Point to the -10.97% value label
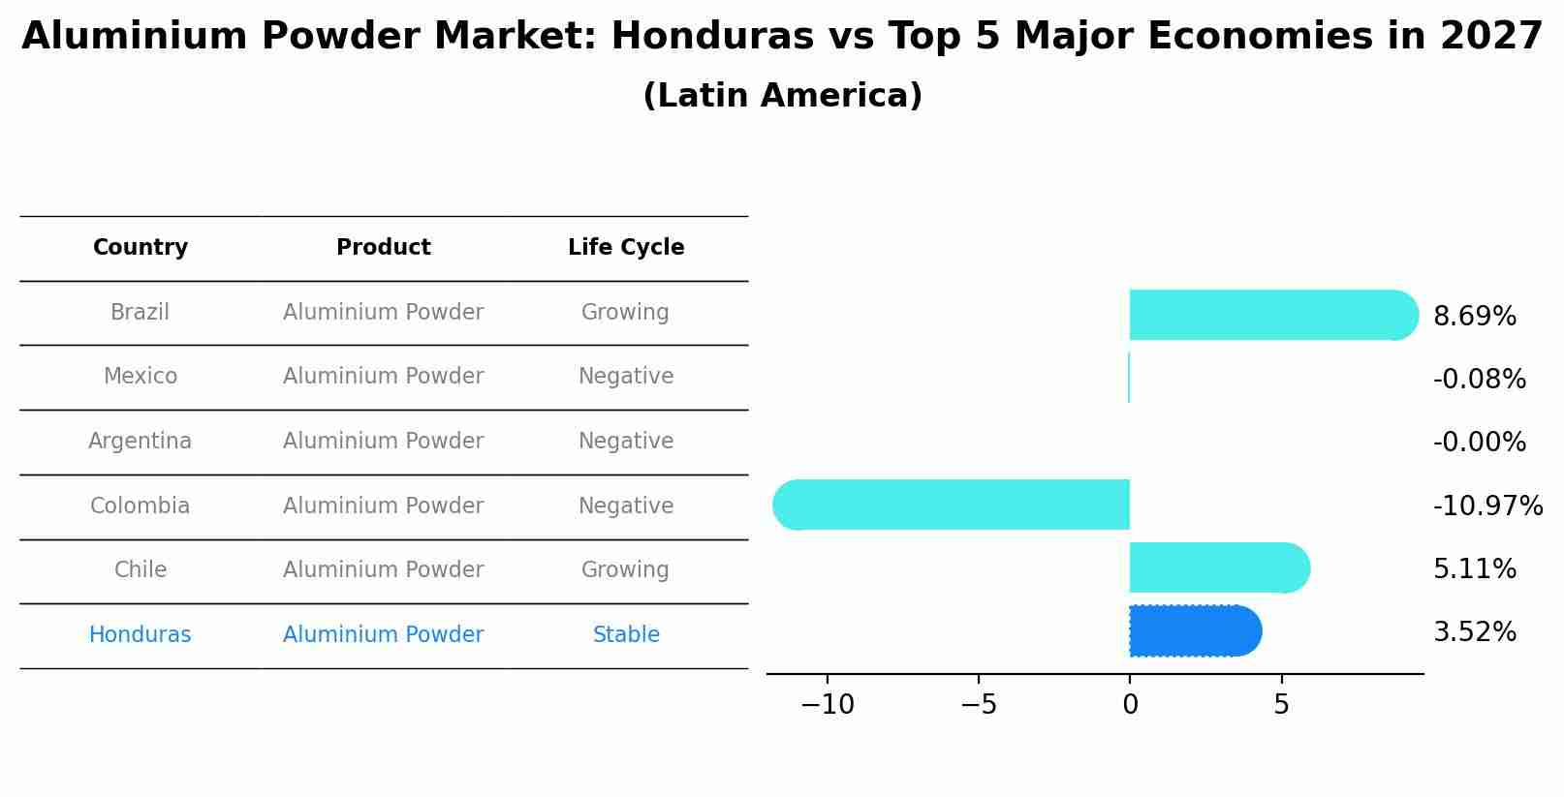tap(1487, 506)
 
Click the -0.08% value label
tap(1479, 379)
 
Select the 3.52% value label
tap(1474, 632)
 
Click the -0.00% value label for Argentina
tap(1479, 442)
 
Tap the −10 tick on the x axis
tap(828, 705)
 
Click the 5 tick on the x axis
tap(1281, 705)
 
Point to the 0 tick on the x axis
tap(1130, 705)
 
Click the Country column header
tap(141, 247)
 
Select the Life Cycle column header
tap(626, 247)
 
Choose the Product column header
tap(383, 247)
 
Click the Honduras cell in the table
tap(141, 634)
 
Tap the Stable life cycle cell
tap(626, 634)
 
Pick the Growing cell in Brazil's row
tap(625, 312)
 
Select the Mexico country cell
tap(141, 376)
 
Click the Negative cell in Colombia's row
tap(626, 506)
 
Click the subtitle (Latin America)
tap(782, 95)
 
